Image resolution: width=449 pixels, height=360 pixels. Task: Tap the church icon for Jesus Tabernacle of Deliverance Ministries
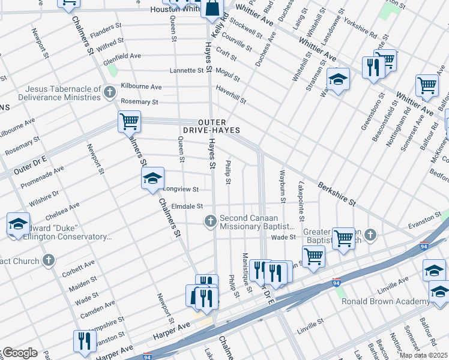pos(109,92)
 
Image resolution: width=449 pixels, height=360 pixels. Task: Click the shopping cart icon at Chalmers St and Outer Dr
pos(130,121)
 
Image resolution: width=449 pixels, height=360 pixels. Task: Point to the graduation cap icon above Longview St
pos(152,178)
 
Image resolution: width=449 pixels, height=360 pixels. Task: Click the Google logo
pos(19,353)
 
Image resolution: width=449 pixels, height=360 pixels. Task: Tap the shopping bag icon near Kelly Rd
pos(212,8)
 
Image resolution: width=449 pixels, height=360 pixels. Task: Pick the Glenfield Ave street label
pos(121,56)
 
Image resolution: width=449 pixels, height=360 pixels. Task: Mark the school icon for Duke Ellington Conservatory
pos(19,224)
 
